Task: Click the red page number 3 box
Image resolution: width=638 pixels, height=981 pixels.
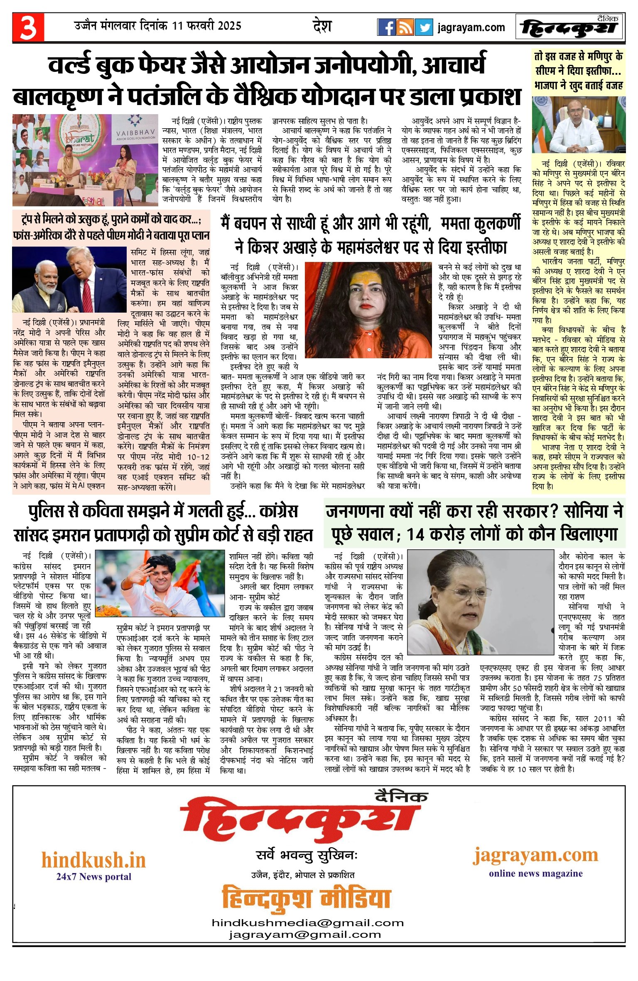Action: (28, 27)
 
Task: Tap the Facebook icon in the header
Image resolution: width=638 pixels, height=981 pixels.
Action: (386, 27)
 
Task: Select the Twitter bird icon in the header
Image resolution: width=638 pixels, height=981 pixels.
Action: (424, 27)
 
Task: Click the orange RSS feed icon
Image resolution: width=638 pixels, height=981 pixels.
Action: (405, 27)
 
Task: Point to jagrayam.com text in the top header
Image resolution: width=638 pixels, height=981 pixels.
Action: (471, 28)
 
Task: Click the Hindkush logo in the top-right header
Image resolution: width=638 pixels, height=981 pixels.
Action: (569, 28)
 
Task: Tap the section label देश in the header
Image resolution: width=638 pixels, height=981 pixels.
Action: (322, 26)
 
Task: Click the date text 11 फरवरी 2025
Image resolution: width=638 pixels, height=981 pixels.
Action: (206, 26)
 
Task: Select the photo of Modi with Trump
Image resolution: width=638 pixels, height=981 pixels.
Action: (69, 279)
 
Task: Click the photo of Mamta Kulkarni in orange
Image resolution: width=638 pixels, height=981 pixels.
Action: (368, 309)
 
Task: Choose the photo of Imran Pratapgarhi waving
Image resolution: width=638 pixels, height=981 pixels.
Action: (160, 583)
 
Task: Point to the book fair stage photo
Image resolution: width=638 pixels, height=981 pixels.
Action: (85, 160)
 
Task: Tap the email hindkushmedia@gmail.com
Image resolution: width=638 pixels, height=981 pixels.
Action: (308, 923)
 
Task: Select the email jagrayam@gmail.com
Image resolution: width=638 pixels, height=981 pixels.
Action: (304, 935)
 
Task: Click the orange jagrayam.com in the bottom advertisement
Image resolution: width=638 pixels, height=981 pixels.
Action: (535, 855)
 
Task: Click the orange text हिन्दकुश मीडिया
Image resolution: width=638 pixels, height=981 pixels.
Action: (306, 898)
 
